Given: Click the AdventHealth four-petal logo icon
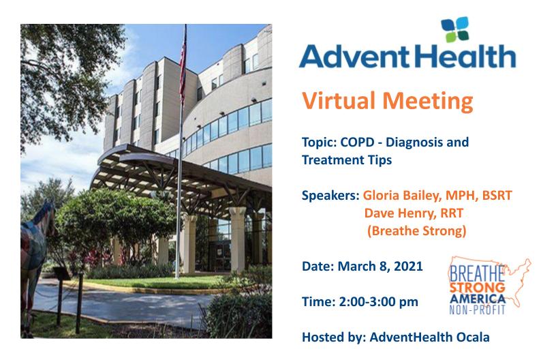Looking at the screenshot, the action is click(x=455, y=29).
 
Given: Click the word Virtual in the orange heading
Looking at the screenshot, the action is click(x=338, y=101).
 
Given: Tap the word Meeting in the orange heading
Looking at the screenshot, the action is click(x=428, y=102).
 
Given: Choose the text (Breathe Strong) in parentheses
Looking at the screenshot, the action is click(x=416, y=231).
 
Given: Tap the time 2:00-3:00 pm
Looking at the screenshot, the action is click(x=378, y=302).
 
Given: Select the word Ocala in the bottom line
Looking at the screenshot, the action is click(x=473, y=337).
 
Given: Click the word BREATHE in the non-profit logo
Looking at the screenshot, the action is click(x=476, y=273).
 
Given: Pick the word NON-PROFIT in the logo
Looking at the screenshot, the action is click(x=477, y=310).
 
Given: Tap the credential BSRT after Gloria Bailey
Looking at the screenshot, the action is click(x=497, y=196).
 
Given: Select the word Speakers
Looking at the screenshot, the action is click(x=330, y=196).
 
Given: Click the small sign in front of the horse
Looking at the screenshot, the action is click(x=61, y=273).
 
